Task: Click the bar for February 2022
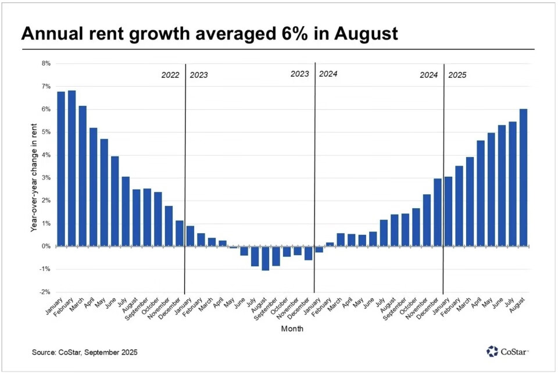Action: coord(72,169)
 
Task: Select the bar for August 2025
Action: coord(523,178)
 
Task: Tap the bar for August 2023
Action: coord(266,258)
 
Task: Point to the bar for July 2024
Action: coord(384,233)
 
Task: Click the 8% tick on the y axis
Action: coord(46,63)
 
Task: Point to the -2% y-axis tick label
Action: coord(45,292)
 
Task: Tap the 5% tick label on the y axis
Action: coord(46,132)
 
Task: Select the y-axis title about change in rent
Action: coord(34,177)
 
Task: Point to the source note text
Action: coord(85,352)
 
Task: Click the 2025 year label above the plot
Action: coord(457,75)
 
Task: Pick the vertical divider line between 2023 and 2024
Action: coord(314,174)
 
